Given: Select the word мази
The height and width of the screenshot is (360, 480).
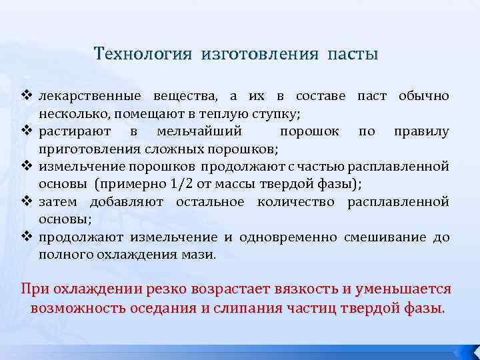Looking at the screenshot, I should (x=201, y=255).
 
